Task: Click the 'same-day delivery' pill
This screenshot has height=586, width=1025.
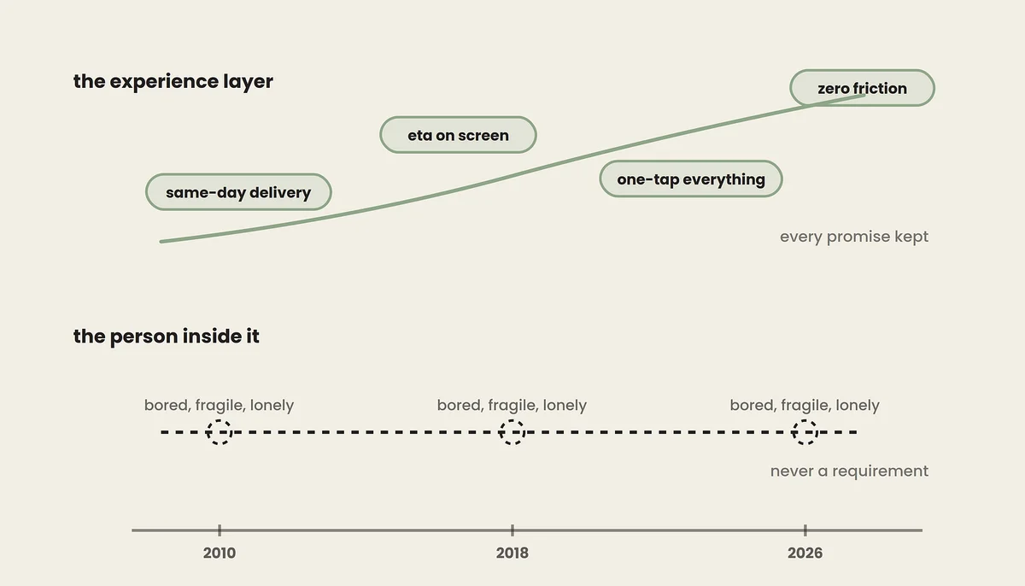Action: coord(238,192)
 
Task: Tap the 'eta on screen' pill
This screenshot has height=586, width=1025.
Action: coord(458,135)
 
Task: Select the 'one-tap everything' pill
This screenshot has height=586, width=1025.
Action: coord(691,179)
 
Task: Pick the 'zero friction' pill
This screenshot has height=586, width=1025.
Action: coord(862,88)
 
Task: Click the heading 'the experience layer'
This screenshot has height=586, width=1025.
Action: coord(173,81)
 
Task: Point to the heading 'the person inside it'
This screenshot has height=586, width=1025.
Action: coord(166,337)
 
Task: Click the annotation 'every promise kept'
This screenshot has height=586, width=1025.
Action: coord(854,237)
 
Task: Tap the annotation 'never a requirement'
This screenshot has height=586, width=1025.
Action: coord(849,471)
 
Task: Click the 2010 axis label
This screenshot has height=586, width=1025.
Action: coord(220,553)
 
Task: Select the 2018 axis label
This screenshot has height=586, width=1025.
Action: coord(512,553)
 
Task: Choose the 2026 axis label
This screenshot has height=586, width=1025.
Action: coord(805,553)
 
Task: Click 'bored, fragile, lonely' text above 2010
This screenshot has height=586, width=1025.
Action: coord(219,405)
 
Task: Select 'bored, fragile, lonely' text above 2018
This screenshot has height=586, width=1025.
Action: coord(512,405)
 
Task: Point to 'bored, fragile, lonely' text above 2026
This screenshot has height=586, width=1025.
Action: coord(805,405)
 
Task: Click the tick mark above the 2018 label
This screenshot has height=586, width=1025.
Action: coord(512,530)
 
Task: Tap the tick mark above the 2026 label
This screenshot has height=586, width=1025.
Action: coord(805,530)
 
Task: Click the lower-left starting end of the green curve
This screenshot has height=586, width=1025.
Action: coord(161,242)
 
